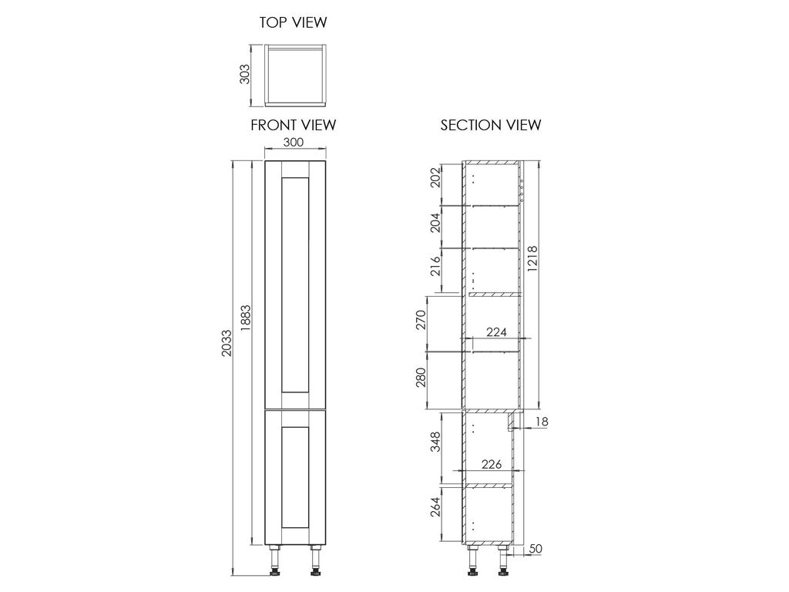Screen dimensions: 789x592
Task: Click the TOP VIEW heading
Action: [293, 22]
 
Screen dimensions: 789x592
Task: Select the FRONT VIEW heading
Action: [294, 125]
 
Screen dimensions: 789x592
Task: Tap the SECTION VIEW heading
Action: [491, 125]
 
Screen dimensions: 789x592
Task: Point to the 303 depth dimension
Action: [244, 74]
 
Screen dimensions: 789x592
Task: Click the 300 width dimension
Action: [294, 142]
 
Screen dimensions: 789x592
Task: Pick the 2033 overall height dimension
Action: [227, 343]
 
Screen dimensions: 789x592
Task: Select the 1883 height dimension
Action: [246, 318]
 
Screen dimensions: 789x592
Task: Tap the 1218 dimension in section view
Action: [532, 259]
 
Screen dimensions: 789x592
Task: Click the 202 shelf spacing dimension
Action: [436, 177]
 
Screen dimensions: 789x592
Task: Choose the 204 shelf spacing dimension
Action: [436, 222]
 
